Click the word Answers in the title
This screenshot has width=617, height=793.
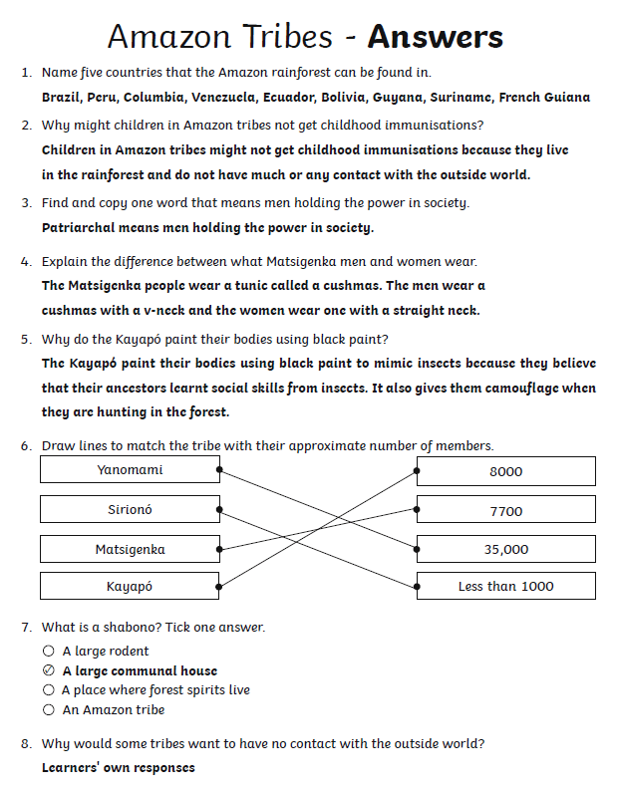[x=435, y=38]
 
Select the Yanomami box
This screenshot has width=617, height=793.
[x=130, y=470]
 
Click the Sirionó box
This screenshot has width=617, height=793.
[x=130, y=510]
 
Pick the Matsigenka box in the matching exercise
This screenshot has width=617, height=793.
[x=130, y=549]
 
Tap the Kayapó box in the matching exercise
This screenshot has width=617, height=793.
[x=130, y=587]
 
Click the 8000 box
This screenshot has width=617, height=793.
[x=505, y=471]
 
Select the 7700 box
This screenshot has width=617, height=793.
[x=505, y=511]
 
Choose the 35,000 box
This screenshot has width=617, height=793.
[x=505, y=549]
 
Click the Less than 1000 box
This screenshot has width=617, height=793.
[x=505, y=587]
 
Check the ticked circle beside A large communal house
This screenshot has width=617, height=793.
[x=49, y=670]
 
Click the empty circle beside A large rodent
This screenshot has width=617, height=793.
[x=49, y=652]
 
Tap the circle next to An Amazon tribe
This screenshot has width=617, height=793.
[x=49, y=709]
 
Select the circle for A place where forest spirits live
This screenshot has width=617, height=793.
[x=49, y=689]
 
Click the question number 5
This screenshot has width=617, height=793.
[x=25, y=339]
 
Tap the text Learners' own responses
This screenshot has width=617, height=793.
[x=118, y=767]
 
